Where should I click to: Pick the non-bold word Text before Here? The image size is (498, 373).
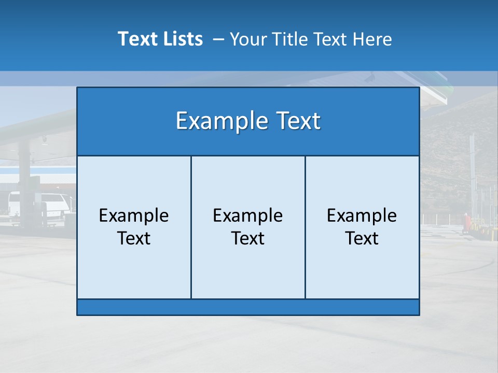coord(330,39)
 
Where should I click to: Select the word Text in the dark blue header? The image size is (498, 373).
coord(296,121)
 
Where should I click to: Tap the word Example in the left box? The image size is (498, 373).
coord(134,216)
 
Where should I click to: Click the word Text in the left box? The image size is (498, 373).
coord(134,238)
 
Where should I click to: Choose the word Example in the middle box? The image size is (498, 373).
coord(248,216)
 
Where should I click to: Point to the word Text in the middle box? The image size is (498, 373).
coord(248,238)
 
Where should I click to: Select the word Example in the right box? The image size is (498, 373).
coord(362,216)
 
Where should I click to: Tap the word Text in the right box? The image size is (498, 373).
coord(362,238)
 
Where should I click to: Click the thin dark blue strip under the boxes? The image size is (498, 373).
coord(248,307)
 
